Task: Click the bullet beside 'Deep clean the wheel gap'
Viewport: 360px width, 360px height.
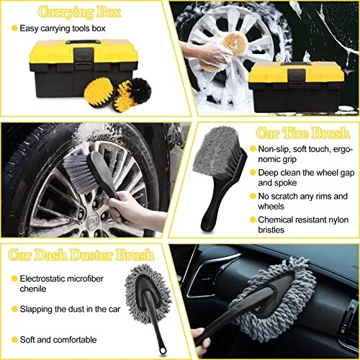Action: click(253, 173)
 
